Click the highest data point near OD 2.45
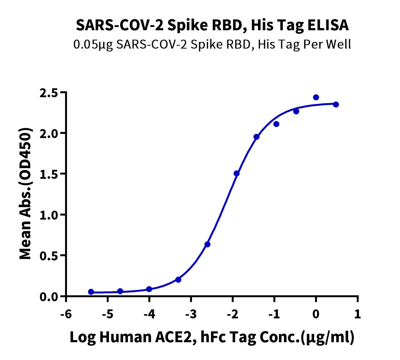pos(316,97)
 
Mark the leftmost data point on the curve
pos(91,292)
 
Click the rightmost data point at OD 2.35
pos(336,104)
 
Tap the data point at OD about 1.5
pos(237,174)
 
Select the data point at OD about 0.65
pos(207,244)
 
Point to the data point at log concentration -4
pos(149,289)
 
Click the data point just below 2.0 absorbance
pos(256,137)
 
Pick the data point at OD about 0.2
pos(179,280)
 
